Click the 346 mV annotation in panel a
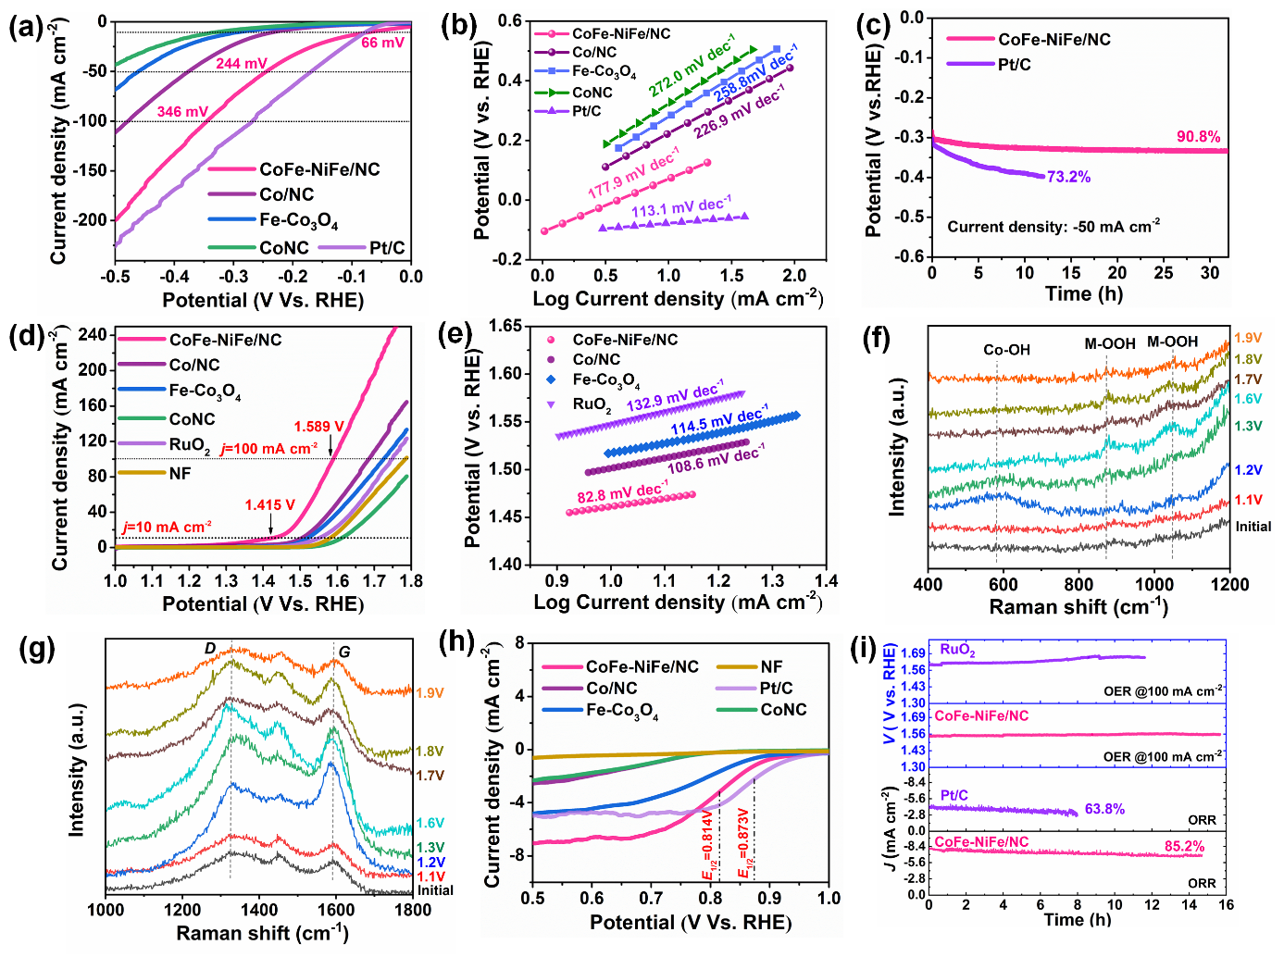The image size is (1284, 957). click(182, 112)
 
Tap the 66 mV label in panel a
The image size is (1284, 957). click(382, 43)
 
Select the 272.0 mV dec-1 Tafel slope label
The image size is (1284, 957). click(692, 66)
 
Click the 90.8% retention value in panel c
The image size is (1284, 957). click(1198, 137)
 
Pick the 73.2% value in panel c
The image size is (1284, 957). click(1068, 177)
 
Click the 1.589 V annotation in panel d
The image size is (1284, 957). click(319, 427)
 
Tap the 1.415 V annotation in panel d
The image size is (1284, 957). click(269, 505)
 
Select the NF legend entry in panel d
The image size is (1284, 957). click(180, 473)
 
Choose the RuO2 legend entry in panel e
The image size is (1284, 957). click(592, 404)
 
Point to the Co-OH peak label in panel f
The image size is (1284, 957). click(1006, 350)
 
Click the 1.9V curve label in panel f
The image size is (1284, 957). click(1248, 338)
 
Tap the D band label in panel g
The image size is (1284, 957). click(210, 649)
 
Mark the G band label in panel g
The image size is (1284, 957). click(344, 652)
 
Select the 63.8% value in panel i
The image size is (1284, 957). click(1104, 809)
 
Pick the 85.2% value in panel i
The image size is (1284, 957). click(1184, 846)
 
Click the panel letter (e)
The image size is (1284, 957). click(460, 335)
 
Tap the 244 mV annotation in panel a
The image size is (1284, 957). click(242, 64)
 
